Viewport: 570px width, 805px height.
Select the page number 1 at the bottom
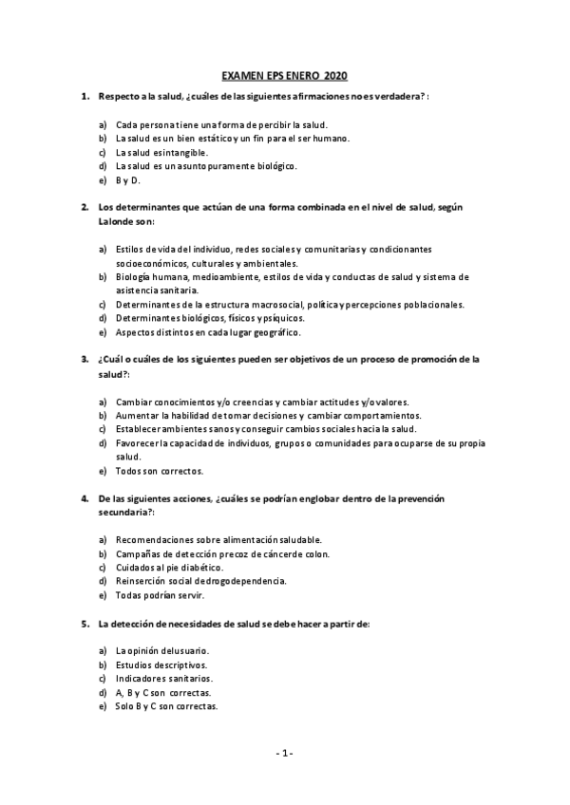pyautogui.click(x=284, y=753)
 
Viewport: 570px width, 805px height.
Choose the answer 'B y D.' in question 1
pyautogui.click(x=128, y=178)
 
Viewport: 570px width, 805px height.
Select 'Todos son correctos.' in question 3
pyautogui.click(x=160, y=469)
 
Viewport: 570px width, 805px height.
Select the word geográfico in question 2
pyautogui.click(x=275, y=332)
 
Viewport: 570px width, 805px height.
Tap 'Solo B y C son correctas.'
pyautogui.click(x=167, y=706)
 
